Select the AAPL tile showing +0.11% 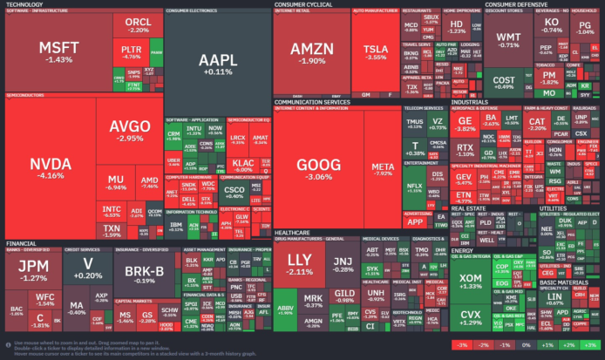click(x=216, y=65)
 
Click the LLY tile click(x=300, y=264)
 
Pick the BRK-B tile click(x=138, y=275)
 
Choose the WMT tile click(x=508, y=40)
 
